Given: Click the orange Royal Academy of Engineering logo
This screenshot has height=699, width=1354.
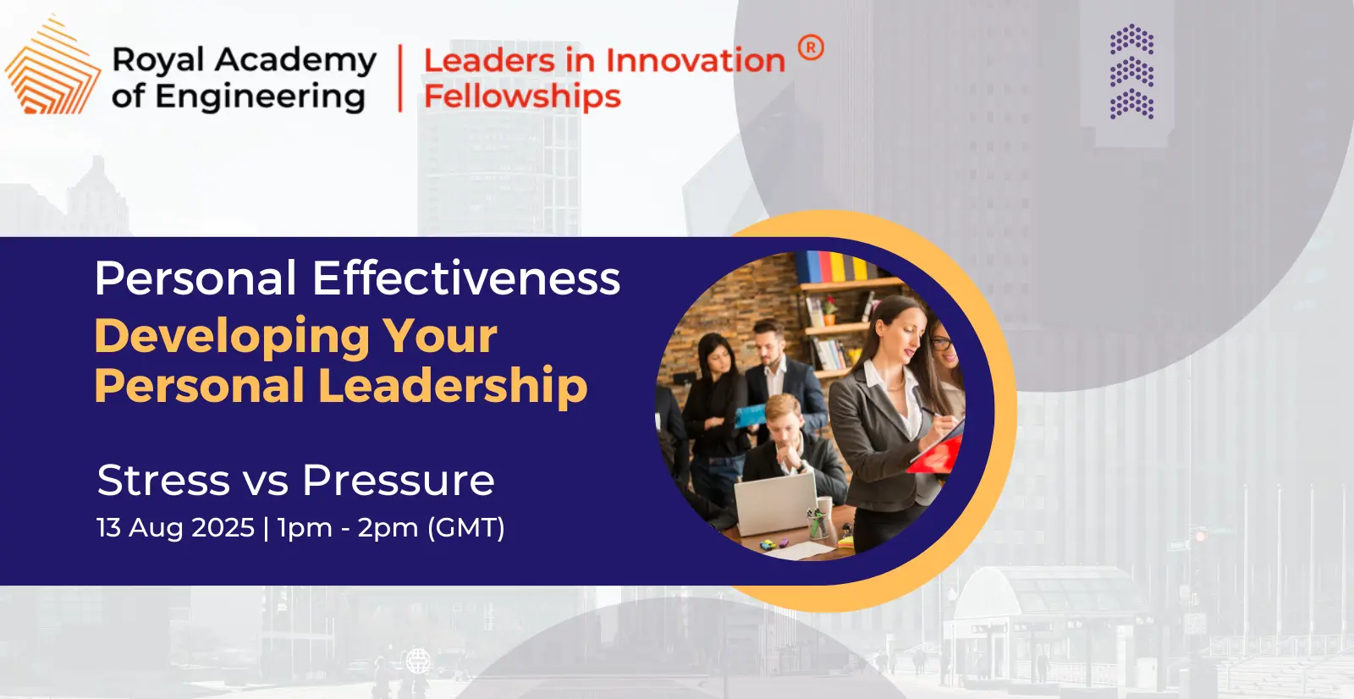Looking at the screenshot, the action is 53,64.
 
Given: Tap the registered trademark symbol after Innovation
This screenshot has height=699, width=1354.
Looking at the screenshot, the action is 811,47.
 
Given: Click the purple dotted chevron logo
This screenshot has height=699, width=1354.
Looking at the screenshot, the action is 1131,71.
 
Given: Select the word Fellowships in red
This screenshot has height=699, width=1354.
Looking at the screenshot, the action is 522,96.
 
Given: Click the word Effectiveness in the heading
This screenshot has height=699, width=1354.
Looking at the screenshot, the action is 466,278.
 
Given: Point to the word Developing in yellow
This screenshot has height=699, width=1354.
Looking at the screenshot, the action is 232,338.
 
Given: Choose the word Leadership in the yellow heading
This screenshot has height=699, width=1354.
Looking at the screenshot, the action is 453,386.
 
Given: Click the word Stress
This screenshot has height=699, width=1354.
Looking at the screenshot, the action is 163,480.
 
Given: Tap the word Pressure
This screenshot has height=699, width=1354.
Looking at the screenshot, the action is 399,480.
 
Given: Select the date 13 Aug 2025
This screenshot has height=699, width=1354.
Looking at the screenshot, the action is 175,527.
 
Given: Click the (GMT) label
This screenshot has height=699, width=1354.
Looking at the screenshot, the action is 465,528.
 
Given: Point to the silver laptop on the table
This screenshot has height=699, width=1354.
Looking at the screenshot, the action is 775,504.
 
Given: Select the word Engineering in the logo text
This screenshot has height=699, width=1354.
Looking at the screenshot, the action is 260,97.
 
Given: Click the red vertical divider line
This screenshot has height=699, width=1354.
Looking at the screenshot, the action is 399,78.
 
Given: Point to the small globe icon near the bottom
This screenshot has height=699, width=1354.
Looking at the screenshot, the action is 418,661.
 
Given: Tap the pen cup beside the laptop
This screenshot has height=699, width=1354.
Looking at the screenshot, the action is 817,524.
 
